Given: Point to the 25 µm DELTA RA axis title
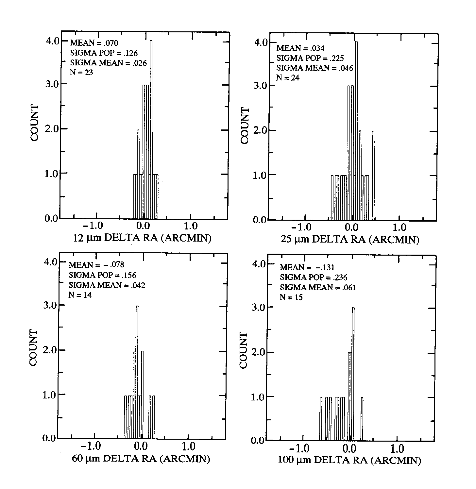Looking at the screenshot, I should pyautogui.click(x=349, y=240).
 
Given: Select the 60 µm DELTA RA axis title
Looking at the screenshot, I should pyautogui.click(x=141, y=459).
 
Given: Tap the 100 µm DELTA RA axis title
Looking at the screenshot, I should pyautogui.click(x=349, y=461).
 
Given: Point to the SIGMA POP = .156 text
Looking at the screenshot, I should pyautogui.click(x=102, y=275).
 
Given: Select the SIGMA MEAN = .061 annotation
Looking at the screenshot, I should pyautogui.click(x=318, y=288).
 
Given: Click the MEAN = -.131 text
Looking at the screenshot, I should pyautogui.click(x=307, y=267).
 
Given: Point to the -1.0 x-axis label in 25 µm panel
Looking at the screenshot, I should pyautogui.click(x=305, y=227).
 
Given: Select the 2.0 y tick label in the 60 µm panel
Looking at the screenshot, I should pyautogui.click(x=50, y=350).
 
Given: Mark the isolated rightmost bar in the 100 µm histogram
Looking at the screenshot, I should pyautogui.click(x=362, y=419).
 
